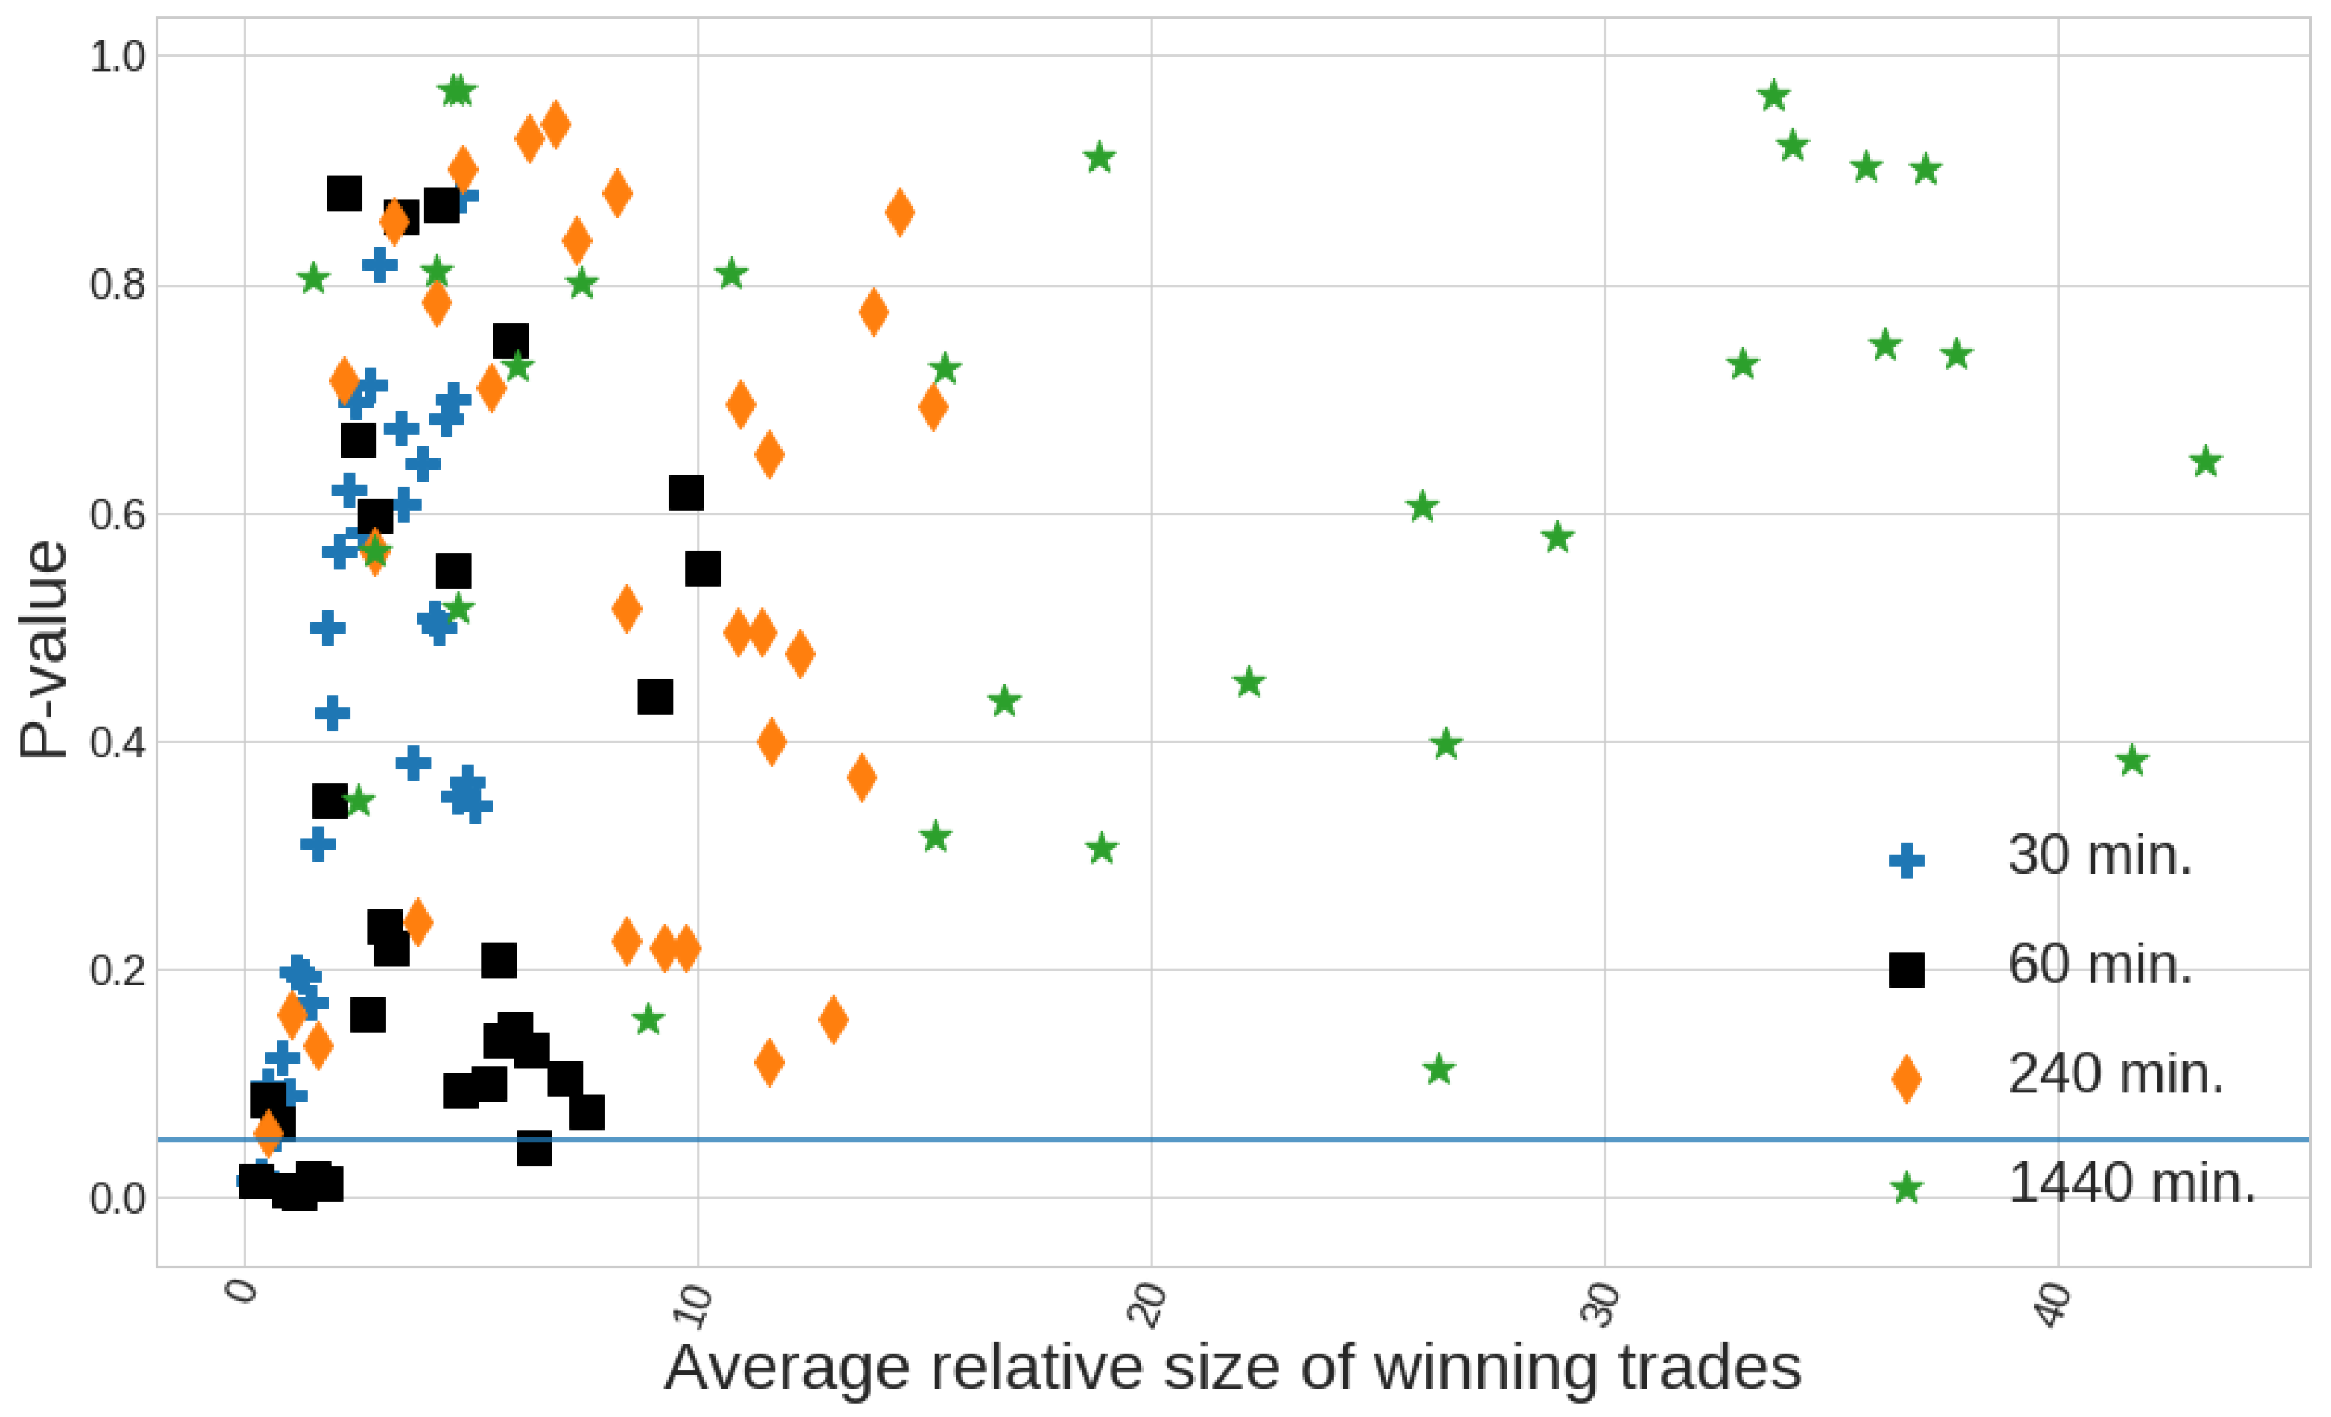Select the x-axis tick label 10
click(696, 1305)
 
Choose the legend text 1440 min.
click(2130, 1182)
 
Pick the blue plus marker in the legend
click(1906, 860)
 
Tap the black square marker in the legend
click(1906, 970)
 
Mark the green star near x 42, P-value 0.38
click(2132, 760)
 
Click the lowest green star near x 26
click(1439, 1070)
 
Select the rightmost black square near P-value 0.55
click(703, 569)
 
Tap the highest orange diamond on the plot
click(555, 124)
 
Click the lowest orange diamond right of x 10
click(769, 1062)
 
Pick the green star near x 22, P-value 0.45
click(1249, 682)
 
